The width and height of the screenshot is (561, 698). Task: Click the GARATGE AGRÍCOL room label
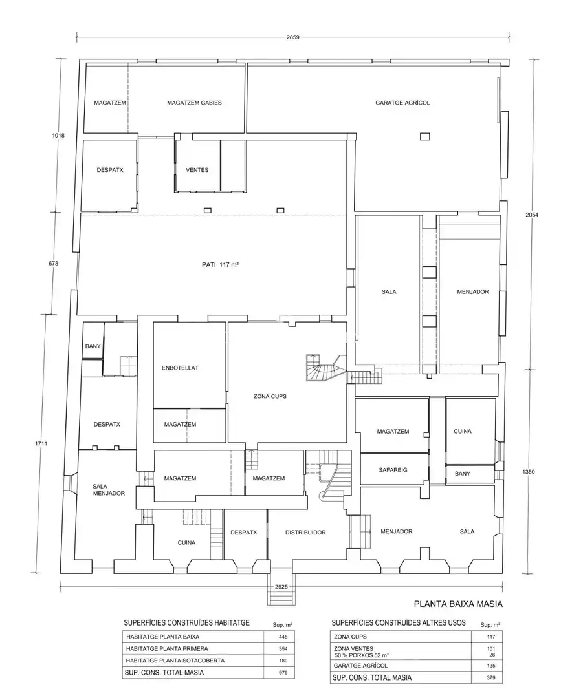402,103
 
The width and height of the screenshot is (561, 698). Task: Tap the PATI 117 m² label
220,264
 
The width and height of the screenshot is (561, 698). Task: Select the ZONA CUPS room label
270,396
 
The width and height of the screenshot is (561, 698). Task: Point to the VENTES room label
197,170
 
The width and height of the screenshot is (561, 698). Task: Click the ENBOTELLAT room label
180,368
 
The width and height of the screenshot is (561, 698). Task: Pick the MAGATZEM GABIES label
194,103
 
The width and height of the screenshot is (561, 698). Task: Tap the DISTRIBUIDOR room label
305,533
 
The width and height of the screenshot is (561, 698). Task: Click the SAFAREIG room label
393,470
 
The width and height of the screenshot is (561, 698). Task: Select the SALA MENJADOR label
109,490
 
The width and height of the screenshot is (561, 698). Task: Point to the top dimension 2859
292,37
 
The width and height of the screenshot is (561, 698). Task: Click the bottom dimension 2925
281,587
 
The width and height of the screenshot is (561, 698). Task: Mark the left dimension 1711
41,444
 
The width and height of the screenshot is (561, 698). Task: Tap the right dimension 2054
532,215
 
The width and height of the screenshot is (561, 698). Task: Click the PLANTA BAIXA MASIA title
458,604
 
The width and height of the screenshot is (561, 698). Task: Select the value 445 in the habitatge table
283,637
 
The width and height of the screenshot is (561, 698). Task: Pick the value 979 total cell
283,673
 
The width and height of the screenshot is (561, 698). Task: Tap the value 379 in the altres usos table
491,678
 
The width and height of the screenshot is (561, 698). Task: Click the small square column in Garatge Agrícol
424,136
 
